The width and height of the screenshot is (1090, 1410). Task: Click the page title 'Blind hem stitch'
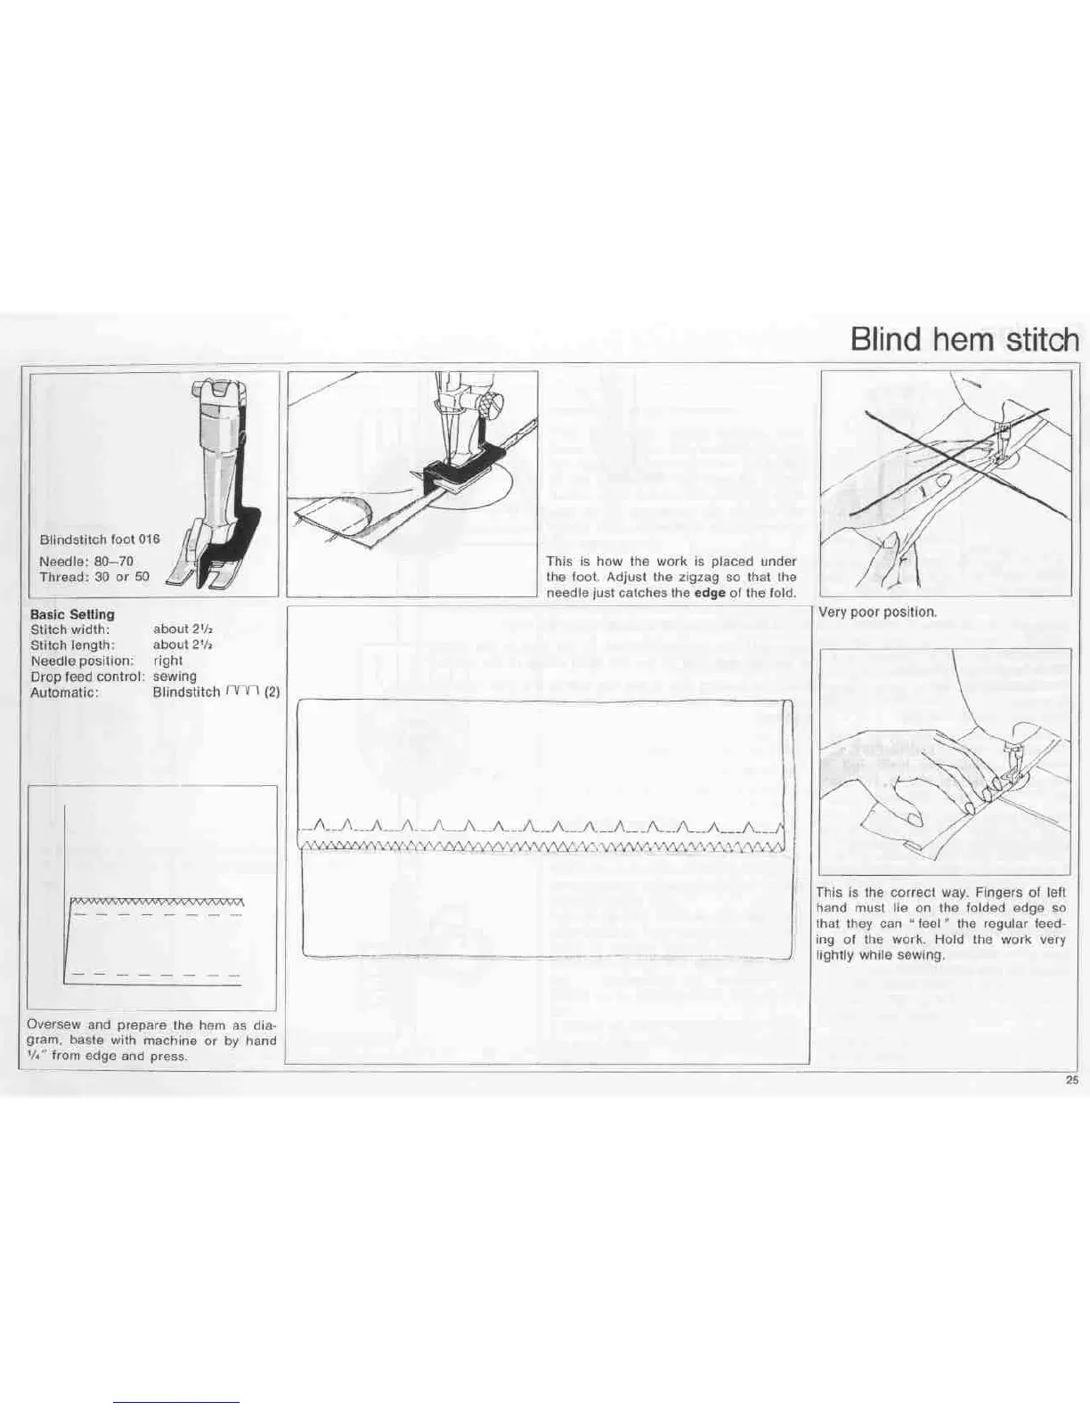[964, 340]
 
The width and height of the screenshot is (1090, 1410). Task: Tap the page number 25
[1071, 1082]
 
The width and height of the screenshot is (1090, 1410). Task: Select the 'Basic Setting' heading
[72, 614]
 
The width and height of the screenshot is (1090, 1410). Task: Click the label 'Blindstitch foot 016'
[100, 539]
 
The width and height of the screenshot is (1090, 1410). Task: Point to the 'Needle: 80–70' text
[86, 562]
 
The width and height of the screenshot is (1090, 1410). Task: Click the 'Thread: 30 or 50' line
[94, 577]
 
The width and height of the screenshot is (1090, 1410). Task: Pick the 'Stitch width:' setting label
[70, 629]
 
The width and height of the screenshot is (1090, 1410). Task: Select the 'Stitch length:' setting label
[72, 645]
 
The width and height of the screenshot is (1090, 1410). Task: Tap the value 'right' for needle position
[167, 660]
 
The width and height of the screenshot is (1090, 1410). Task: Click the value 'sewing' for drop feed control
[175, 677]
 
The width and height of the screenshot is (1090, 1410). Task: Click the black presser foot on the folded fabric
[454, 474]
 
